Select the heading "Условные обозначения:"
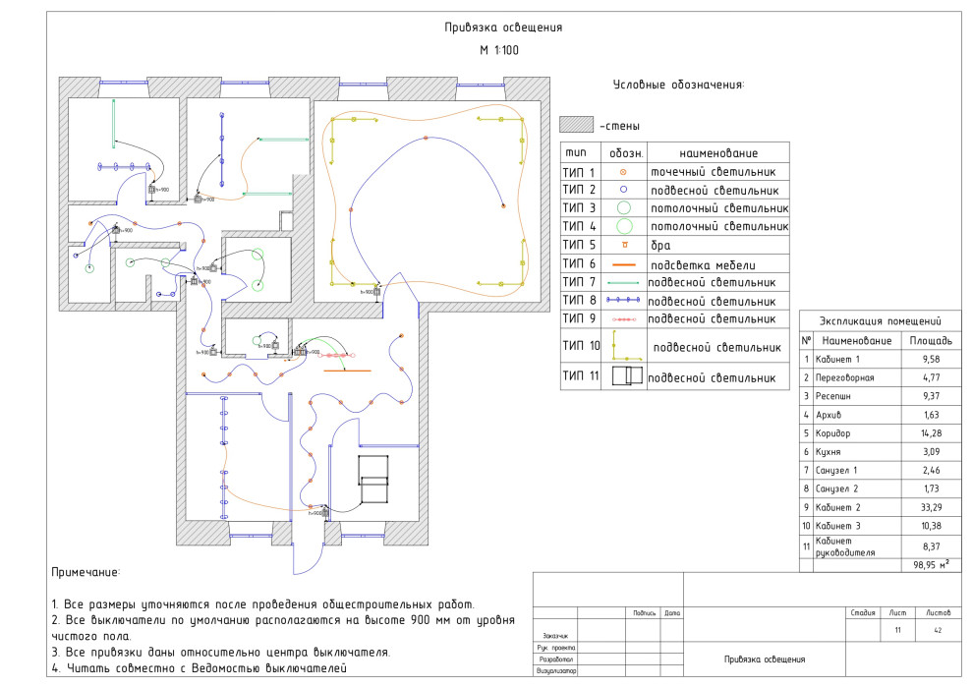click(x=678, y=85)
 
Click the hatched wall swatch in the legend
click(x=577, y=126)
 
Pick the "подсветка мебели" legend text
click(x=701, y=263)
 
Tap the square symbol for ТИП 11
click(x=625, y=376)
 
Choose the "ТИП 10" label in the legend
click(x=581, y=346)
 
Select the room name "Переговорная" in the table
click(x=851, y=377)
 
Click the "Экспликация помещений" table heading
click(x=882, y=321)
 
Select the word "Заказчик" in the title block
click(x=556, y=635)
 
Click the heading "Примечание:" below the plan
click(x=86, y=572)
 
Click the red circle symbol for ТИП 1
click(x=623, y=173)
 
